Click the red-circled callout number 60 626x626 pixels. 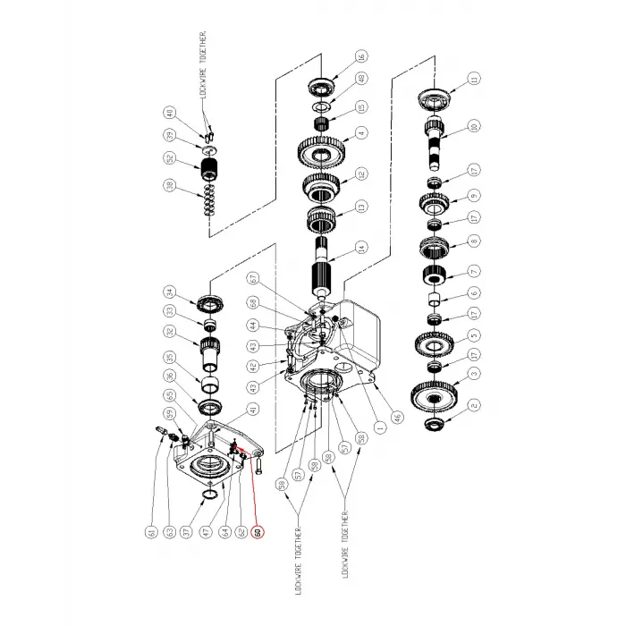pos(258,531)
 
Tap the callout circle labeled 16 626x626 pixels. pos(361,56)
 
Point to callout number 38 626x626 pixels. pos(169,188)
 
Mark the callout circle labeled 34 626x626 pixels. pos(169,292)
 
